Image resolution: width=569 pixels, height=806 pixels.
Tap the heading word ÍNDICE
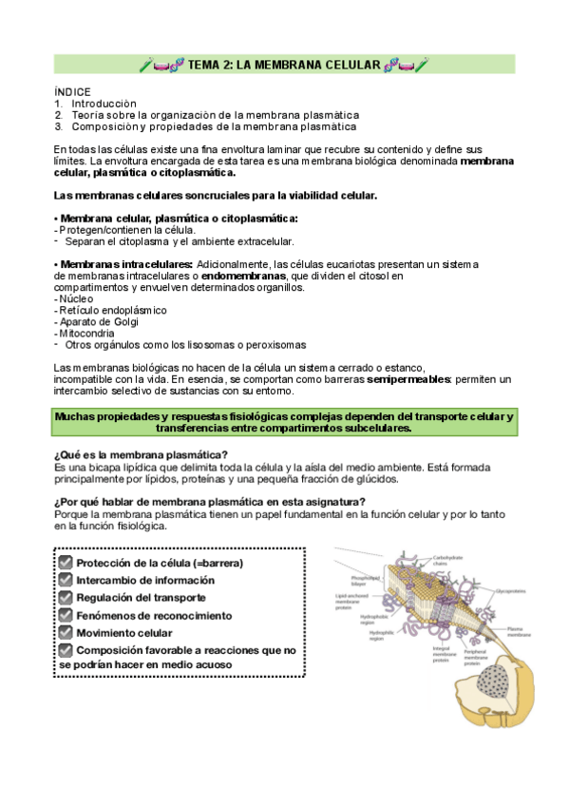click(x=73, y=91)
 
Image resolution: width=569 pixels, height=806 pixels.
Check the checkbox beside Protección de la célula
click(x=65, y=563)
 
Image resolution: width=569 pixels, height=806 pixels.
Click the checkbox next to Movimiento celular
click(x=65, y=631)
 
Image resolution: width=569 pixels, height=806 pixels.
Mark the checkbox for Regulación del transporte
click(x=65, y=597)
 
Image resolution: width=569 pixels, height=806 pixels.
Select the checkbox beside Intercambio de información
click(x=65, y=580)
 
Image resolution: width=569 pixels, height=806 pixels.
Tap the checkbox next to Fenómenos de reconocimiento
click(x=65, y=614)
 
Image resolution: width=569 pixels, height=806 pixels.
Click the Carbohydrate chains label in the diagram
click(x=446, y=560)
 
